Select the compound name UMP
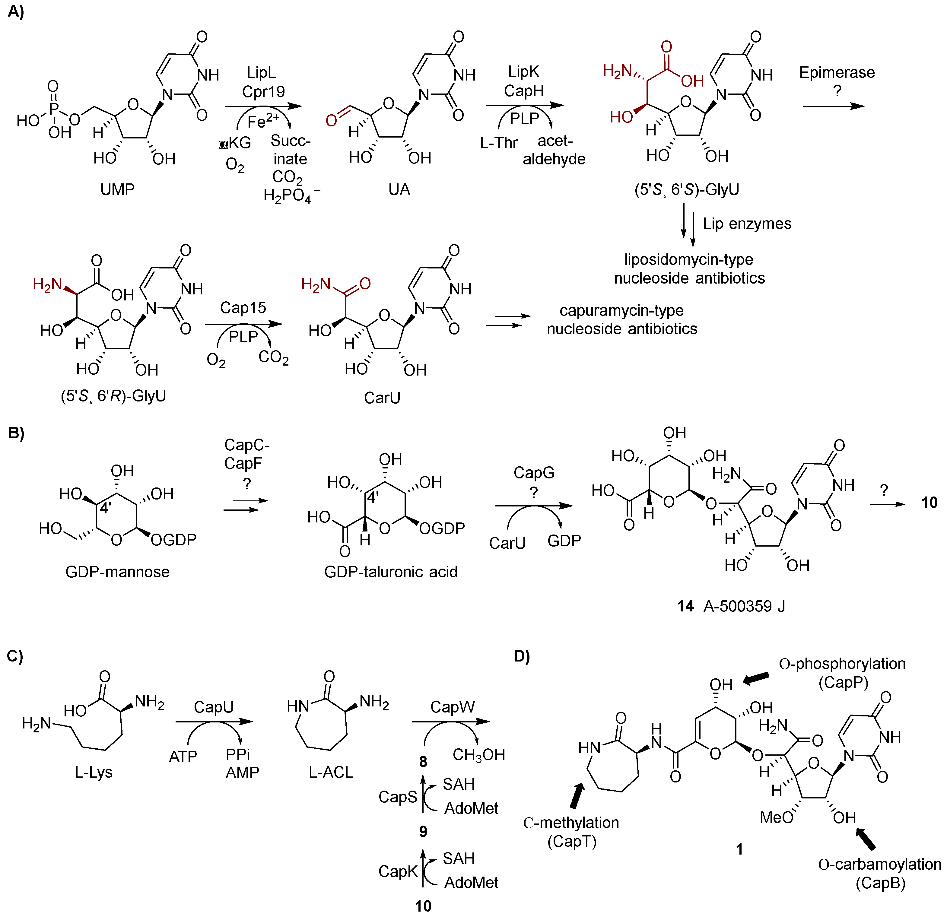pos(117,189)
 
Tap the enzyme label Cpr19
pos(263,91)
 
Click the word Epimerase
pos(837,72)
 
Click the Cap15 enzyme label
pos(243,308)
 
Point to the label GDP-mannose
pos(117,572)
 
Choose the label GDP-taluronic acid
pos(390,572)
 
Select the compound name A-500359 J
pos(744,606)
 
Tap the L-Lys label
pos(93,772)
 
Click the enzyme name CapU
pos(214,707)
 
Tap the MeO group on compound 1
pos(777,817)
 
